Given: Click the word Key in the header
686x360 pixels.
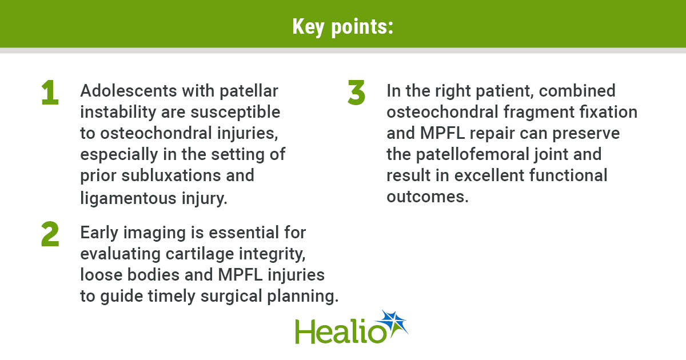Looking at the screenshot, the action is [308, 27].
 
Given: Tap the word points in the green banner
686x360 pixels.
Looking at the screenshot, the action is [362, 27].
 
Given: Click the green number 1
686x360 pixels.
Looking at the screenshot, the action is [50, 93].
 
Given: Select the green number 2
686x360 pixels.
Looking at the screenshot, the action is [50, 234].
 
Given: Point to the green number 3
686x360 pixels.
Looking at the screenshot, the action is [357, 93].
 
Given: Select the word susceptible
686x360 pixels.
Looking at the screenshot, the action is [235, 113].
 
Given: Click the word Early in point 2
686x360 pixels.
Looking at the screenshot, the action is [99, 233].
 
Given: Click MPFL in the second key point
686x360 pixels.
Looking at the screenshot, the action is [241, 275].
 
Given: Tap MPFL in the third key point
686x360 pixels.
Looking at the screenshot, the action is [442, 133].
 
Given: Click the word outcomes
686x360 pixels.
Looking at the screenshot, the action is [428, 197].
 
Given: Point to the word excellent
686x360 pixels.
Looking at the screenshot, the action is [489, 175].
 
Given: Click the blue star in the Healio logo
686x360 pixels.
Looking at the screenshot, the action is [393, 323].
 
